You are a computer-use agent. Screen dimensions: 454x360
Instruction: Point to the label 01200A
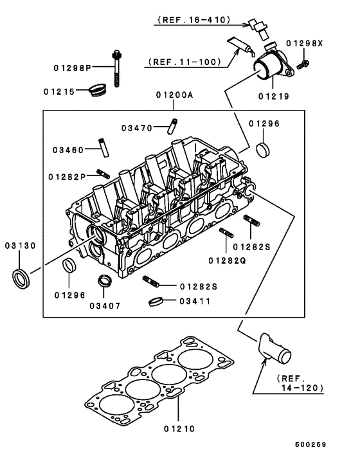click(174, 95)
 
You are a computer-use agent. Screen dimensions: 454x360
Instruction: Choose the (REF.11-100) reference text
click(185, 62)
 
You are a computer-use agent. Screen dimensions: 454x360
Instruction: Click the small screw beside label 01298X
click(304, 62)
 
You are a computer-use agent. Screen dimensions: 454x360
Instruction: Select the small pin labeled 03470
click(173, 123)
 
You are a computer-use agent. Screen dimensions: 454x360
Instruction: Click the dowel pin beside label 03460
click(102, 145)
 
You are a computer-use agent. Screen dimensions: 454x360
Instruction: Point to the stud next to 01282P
click(102, 172)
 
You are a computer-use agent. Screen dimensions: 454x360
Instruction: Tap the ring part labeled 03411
click(154, 301)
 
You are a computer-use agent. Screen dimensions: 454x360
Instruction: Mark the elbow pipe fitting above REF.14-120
click(271, 348)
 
